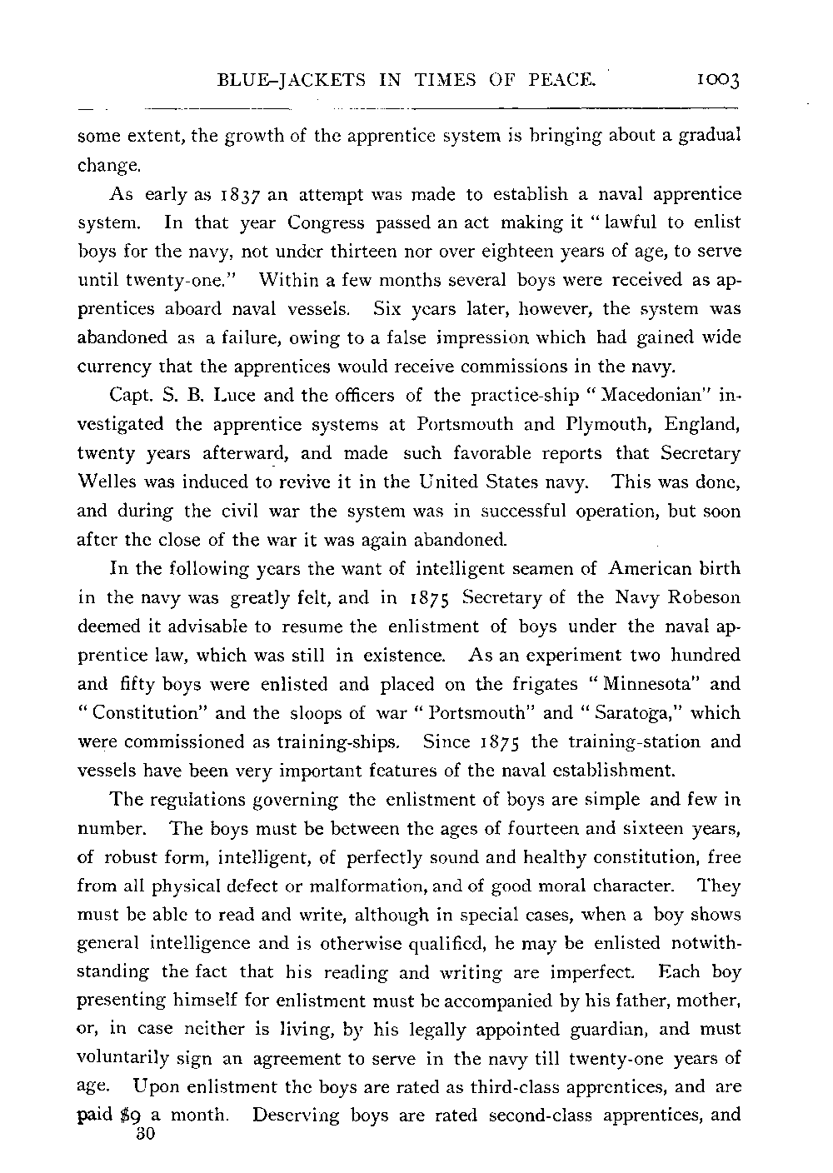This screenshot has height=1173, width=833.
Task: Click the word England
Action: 703,423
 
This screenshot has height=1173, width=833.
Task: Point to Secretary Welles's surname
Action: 110,482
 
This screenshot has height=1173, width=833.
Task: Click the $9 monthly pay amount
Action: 133,1116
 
